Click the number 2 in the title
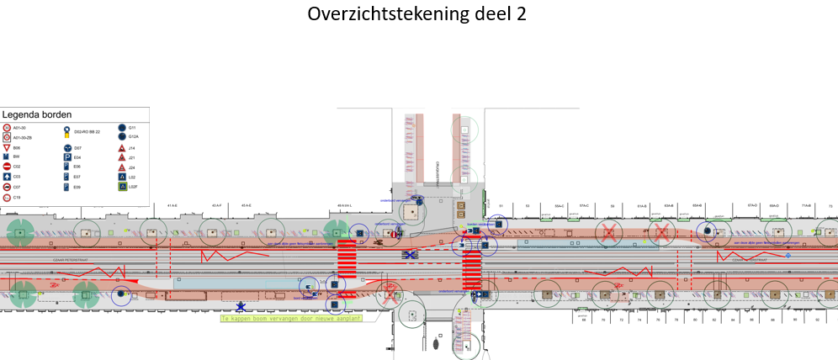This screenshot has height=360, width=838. [x=522, y=15]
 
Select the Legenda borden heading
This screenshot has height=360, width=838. [x=37, y=114]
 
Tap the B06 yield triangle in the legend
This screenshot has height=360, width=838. [x=7, y=148]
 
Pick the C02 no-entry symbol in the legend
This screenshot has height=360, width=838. [x=7, y=167]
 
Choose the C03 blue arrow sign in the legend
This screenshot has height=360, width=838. [x=7, y=177]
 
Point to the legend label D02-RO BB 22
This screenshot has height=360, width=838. [x=88, y=132]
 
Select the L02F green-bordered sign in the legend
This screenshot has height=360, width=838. [x=122, y=187]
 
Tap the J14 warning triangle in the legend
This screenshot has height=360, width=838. [x=122, y=148]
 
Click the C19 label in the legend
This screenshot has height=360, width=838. [x=17, y=197]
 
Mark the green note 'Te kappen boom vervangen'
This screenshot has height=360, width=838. [x=278, y=320]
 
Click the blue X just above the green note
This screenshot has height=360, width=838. [x=241, y=307]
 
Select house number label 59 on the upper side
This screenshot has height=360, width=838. [x=613, y=205]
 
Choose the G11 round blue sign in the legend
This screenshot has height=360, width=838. [x=122, y=128]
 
